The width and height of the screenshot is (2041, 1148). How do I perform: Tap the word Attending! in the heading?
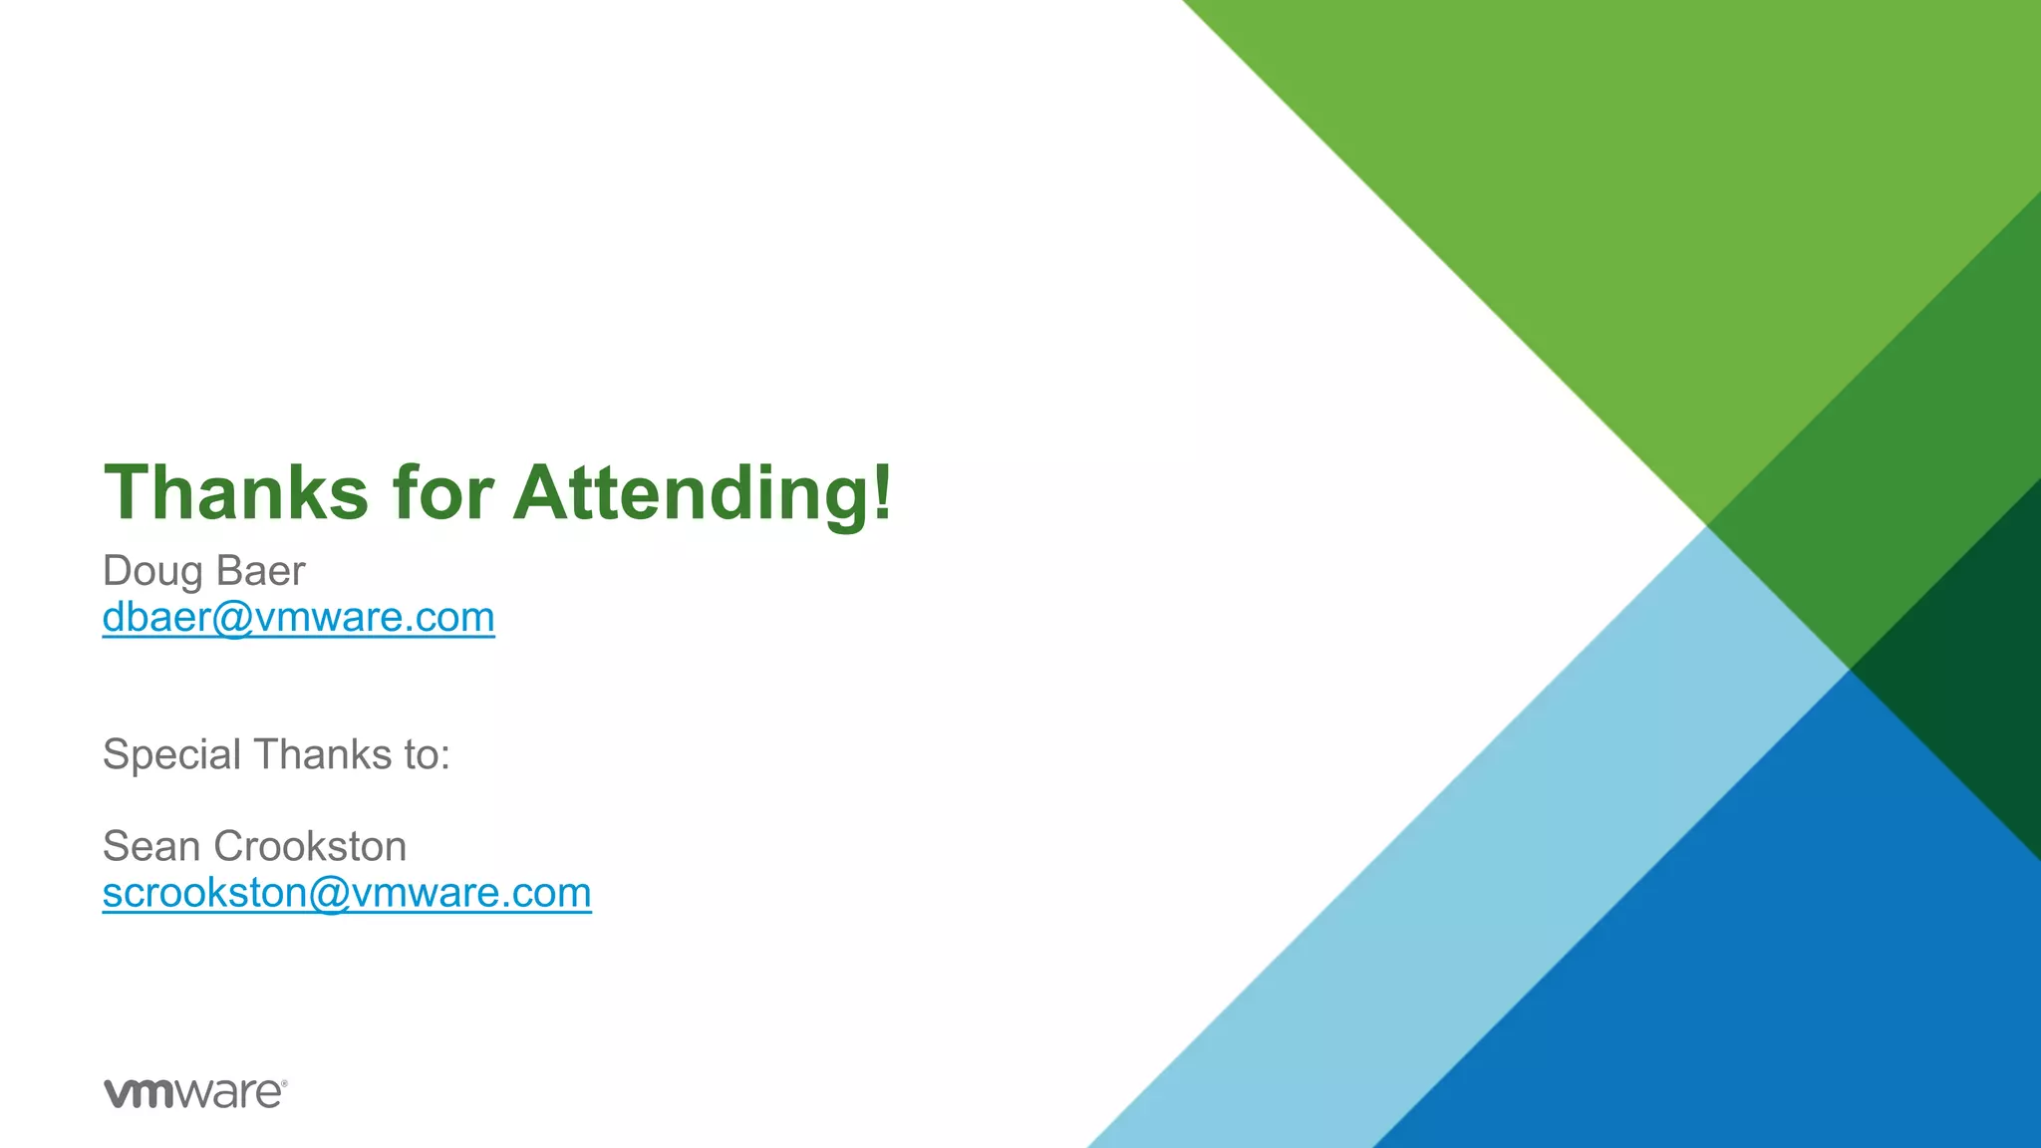tap(703, 492)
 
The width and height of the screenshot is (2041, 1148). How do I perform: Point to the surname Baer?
tap(260, 571)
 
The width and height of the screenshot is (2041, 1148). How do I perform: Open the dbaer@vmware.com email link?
tap(298, 618)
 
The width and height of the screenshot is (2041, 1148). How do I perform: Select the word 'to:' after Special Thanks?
tap(427, 754)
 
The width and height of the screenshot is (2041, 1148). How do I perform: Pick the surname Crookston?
tap(310, 846)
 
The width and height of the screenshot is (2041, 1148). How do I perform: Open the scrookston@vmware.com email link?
tap(347, 893)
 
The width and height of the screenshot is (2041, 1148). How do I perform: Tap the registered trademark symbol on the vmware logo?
tap(285, 1082)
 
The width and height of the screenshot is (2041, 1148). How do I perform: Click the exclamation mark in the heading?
tap(881, 492)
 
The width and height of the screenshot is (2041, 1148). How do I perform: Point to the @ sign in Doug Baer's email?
tap(231, 619)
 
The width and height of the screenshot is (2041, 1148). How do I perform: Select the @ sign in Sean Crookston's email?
tap(328, 894)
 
